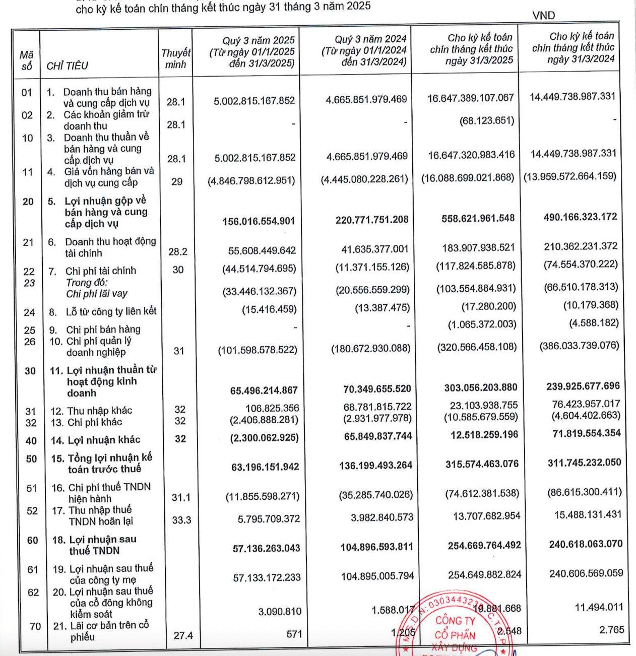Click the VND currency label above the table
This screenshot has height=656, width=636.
543,16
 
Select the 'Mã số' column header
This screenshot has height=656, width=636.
26,60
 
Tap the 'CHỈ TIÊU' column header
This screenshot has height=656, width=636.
67,66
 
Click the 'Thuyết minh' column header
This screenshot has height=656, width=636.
175,58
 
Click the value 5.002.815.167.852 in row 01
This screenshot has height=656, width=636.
254,101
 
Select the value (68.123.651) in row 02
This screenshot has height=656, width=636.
487,121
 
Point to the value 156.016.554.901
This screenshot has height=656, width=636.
259,221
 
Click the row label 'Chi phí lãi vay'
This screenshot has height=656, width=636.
96,294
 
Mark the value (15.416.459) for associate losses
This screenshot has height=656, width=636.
269,309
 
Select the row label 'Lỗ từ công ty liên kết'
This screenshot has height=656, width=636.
111,312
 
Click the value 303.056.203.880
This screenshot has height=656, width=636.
480,387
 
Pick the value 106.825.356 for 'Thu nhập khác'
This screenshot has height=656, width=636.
272,408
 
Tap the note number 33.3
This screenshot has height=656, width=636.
181,520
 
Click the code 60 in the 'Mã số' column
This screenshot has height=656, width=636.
32,541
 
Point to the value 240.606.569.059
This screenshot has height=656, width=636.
586,573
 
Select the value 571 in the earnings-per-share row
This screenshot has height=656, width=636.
294,634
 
